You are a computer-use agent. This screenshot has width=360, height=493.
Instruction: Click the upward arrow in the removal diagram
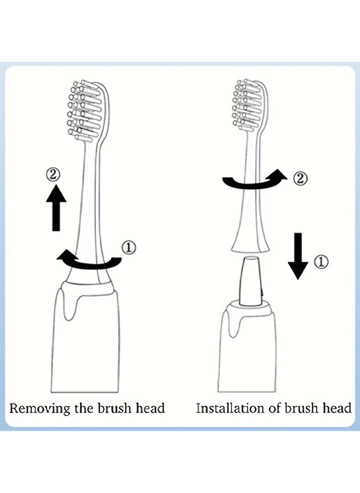(x=56, y=208)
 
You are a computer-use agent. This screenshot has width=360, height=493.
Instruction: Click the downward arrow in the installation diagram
(x=298, y=256)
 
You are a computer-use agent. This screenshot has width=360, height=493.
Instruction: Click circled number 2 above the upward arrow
(x=53, y=174)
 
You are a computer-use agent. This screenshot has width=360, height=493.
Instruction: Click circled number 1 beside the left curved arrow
(x=129, y=248)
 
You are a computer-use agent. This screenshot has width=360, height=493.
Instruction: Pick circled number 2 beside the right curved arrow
(x=300, y=179)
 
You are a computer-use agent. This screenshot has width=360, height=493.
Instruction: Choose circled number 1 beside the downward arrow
(x=322, y=262)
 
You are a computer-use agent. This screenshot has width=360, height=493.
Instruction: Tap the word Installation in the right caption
(x=230, y=408)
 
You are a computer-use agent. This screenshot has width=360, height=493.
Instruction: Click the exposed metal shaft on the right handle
(x=250, y=281)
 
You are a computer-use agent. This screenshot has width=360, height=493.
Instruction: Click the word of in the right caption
(x=275, y=408)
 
